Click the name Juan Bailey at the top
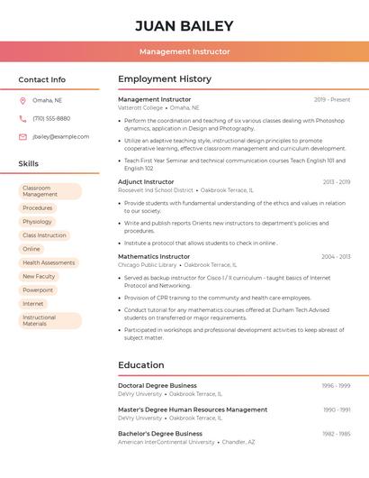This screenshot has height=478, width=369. pyautogui.click(x=184, y=26)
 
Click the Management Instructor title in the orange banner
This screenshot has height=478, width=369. pyautogui.click(x=184, y=51)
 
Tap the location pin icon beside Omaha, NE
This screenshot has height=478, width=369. pyautogui.click(x=22, y=100)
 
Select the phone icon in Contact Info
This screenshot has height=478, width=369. pyautogui.click(x=22, y=118)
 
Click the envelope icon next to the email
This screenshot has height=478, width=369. pyautogui.click(x=22, y=136)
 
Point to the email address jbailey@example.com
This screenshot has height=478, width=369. pyautogui.click(x=61, y=136)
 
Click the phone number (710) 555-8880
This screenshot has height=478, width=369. pyautogui.click(x=51, y=118)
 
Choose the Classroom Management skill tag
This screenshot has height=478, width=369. pyautogui.click(x=49, y=191)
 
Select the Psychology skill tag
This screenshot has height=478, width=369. pyautogui.click(x=38, y=222)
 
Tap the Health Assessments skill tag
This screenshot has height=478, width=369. pyautogui.click(x=49, y=262)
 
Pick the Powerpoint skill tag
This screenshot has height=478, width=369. pyautogui.click(x=38, y=290)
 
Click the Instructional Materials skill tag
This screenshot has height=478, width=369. pyautogui.click(x=49, y=320)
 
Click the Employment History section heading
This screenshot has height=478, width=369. pyautogui.click(x=165, y=79)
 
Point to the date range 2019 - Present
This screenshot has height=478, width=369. pyautogui.click(x=332, y=99)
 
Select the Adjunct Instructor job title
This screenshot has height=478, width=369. pyautogui.click(x=147, y=181)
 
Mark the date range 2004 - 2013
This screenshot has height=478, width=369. pyautogui.click(x=336, y=256)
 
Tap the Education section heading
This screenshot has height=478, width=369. pyautogui.click(x=141, y=365)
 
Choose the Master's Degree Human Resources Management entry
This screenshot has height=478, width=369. pyautogui.click(x=193, y=409)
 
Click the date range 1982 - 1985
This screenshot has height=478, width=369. pyautogui.click(x=336, y=433)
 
